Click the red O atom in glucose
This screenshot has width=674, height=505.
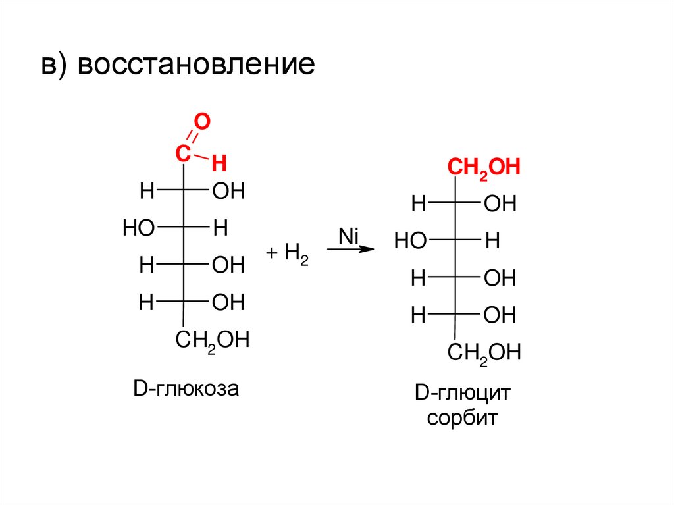202,121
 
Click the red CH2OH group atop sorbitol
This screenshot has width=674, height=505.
484,167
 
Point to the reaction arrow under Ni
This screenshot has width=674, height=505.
351,249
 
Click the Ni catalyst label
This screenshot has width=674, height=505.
347,235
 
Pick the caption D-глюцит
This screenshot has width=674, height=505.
463,394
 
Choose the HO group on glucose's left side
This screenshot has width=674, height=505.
138,229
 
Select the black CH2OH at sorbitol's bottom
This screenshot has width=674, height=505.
484,353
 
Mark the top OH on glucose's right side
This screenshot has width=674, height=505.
228,192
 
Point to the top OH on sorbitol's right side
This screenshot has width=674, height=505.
500,204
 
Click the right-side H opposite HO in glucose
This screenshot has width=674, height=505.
220,229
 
